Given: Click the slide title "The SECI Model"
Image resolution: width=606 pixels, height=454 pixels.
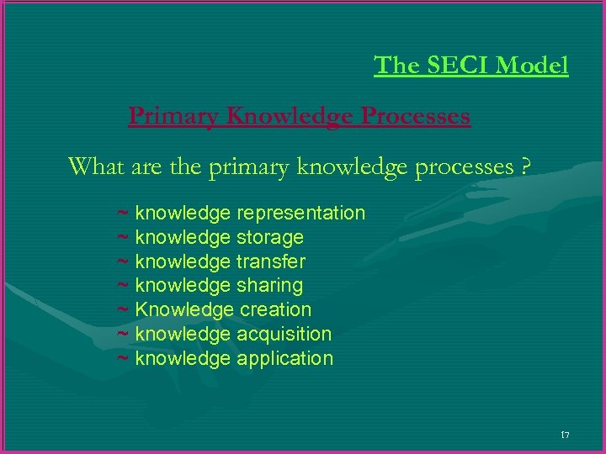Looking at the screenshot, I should (471, 65).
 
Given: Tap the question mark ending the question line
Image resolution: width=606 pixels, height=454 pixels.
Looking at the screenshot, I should (525, 166).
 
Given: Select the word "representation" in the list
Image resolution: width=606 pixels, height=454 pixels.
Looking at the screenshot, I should (300, 214).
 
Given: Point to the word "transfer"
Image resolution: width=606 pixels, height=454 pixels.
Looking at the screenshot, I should (270, 261).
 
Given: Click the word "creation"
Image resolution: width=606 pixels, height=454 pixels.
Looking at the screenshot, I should (275, 309).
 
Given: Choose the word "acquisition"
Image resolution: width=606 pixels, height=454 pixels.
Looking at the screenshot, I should (284, 334).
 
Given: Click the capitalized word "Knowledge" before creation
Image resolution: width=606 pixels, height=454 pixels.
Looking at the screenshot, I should (184, 309).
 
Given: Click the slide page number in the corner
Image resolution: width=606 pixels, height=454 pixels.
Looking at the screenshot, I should (564, 435).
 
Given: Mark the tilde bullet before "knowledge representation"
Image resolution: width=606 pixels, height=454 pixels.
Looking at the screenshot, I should (122, 214).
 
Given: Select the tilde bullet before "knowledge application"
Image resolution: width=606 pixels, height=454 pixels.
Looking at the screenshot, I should (122, 358).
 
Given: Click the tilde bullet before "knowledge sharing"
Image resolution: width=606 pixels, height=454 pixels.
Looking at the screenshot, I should (122, 286).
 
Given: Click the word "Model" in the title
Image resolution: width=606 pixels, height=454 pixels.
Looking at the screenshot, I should (534, 65).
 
